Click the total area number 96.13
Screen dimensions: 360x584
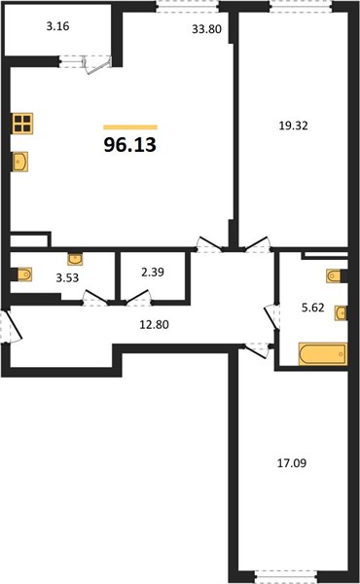pos(130,145)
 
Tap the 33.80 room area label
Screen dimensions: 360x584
pos(206,29)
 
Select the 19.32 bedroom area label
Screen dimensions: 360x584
pos(294,126)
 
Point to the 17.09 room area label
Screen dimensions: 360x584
pos(292,463)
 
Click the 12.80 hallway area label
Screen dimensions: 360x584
pos(154,325)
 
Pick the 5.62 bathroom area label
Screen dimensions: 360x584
pos(313,308)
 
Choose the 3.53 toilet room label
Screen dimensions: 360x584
pos(67,277)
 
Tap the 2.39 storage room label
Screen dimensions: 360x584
pos(153,273)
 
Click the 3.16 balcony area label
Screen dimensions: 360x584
pos(58,26)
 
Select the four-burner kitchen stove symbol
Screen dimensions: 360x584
pos(22,124)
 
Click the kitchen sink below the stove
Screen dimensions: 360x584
pos(20,162)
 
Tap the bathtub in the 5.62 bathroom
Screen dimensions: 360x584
pos(323,353)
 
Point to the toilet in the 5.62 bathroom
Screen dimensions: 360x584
pos(335,276)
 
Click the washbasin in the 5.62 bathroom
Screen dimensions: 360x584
pos(341,312)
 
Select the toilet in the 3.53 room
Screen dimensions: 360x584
pos(23,274)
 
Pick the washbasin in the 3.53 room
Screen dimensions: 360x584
pos(76,259)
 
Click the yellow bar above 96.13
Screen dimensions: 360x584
pos(130,128)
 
